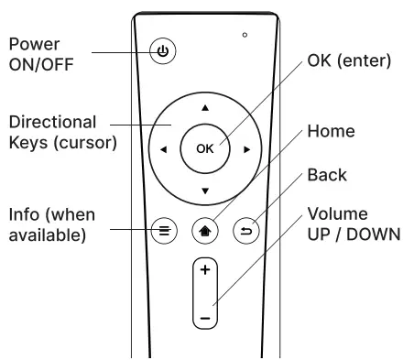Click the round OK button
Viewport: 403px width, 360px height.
(205, 148)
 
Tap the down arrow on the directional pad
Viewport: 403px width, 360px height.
(205, 190)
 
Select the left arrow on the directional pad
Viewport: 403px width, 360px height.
(164, 148)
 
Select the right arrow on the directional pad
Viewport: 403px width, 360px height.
(246, 148)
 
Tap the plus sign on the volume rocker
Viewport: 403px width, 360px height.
(205, 272)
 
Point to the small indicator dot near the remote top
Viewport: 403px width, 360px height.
(245, 35)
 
